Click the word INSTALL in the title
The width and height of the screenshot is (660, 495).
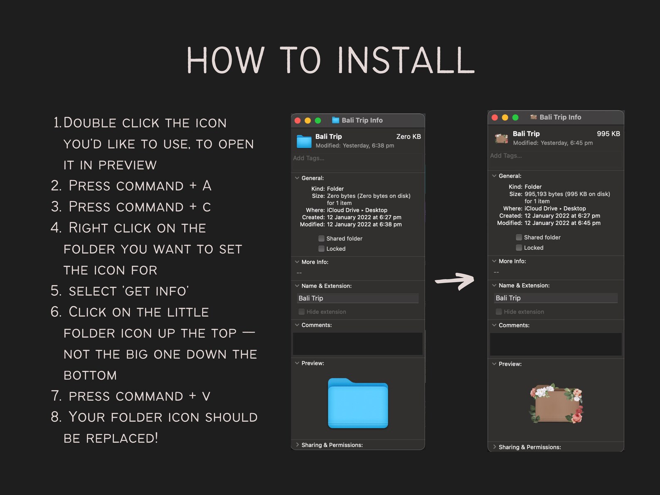(x=406, y=60)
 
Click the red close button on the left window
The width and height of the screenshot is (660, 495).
(x=298, y=121)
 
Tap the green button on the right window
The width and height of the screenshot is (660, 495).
(x=515, y=117)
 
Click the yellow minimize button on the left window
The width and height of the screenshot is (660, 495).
(x=308, y=121)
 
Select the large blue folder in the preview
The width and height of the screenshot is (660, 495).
(x=358, y=403)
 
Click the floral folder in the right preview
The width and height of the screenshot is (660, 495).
(x=556, y=403)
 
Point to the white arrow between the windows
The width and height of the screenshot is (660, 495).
(x=455, y=281)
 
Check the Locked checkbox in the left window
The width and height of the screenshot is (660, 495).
(x=321, y=249)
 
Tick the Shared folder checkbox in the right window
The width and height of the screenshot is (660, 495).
(x=519, y=237)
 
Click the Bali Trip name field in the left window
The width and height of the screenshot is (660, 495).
(x=357, y=298)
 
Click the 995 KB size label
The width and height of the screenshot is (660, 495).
(x=608, y=134)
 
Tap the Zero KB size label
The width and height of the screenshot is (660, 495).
(x=408, y=136)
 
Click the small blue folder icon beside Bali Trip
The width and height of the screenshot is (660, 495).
(x=304, y=141)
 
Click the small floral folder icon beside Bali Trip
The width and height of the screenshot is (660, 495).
(x=502, y=138)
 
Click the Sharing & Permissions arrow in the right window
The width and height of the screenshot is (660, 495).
(x=495, y=447)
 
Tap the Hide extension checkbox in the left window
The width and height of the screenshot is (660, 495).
(x=301, y=312)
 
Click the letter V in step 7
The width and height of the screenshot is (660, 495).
(x=206, y=396)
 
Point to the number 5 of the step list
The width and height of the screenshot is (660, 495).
(x=55, y=291)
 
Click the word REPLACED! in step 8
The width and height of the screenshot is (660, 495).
(x=122, y=438)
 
